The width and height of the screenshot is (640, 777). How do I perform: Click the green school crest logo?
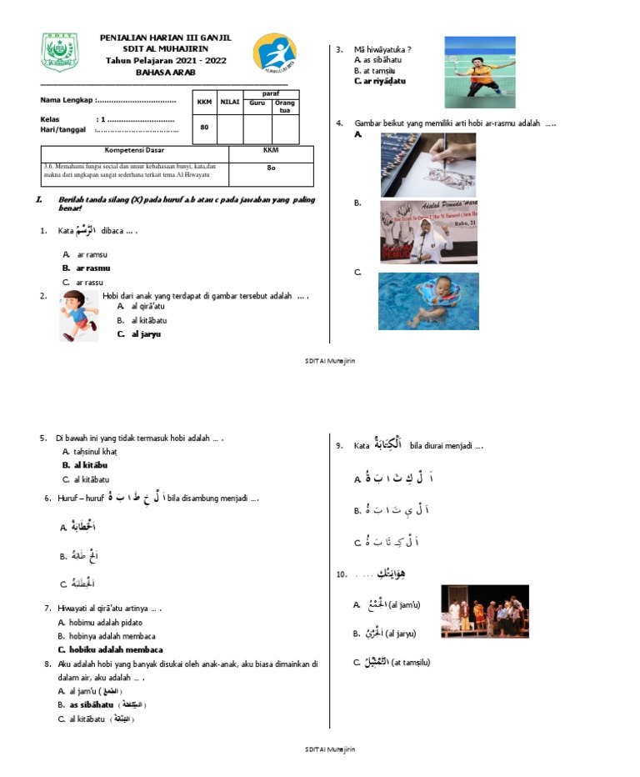[59, 52]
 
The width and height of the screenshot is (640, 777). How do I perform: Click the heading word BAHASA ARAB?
[165, 72]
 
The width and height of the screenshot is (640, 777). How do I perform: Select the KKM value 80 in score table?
[204, 127]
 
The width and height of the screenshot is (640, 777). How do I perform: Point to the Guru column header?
[257, 103]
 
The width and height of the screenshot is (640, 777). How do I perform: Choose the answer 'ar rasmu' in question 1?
[93, 268]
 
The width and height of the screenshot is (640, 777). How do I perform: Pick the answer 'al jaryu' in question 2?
[145, 333]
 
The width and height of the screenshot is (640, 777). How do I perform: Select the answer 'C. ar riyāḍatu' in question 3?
[380, 81]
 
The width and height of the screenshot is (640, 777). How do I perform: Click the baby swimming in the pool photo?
[428, 301]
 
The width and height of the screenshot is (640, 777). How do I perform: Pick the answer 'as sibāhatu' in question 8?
[97, 705]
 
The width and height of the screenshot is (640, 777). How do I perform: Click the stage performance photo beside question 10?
[484, 611]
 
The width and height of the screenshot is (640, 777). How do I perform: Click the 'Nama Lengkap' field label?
[67, 101]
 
